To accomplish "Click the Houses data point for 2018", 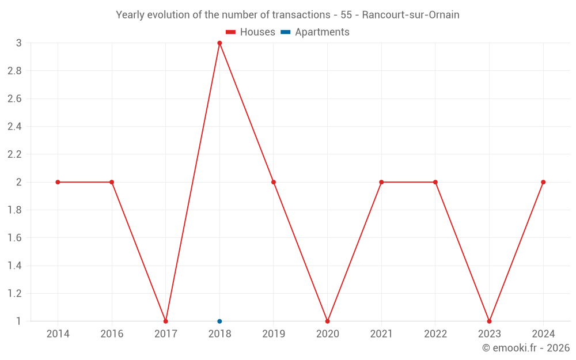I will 219,43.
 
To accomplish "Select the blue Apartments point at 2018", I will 219,321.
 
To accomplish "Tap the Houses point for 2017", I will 166,321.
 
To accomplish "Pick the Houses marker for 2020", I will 327,321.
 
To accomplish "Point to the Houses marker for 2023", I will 489,321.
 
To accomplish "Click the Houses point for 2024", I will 543,182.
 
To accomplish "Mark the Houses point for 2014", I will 58,182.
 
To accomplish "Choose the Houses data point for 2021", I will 381,182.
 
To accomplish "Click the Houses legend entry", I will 251,32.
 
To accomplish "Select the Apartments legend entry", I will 315,32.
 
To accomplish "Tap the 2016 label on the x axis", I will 112,334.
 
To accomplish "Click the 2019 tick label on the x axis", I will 274,334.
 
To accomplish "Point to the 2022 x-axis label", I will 435,334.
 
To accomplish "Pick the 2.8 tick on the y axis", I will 14,71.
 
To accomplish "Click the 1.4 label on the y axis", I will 14,266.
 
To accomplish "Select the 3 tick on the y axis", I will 18,43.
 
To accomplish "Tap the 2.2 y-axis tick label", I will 14,154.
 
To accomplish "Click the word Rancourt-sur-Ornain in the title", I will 411,15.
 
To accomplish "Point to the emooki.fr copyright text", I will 526,348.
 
